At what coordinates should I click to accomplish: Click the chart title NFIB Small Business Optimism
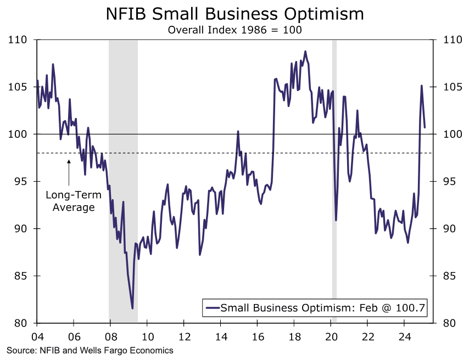pyautogui.click(x=235, y=14)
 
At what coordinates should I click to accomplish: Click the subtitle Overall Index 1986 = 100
pyautogui.click(x=235, y=30)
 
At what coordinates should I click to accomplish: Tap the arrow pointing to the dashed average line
pyautogui.click(x=69, y=173)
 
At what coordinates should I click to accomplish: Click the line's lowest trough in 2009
pyautogui.click(x=132, y=308)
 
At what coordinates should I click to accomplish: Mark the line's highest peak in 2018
pyautogui.click(x=305, y=52)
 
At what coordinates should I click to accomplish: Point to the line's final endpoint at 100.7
pyautogui.click(x=425, y=127)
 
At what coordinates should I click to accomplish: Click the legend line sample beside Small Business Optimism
pyautogui.click(x=212, y=308)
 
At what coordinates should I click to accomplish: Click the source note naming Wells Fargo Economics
pyautogui.click(x=90, y=350)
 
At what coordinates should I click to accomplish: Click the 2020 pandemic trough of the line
pyautogui.click(x=336, y=220)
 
